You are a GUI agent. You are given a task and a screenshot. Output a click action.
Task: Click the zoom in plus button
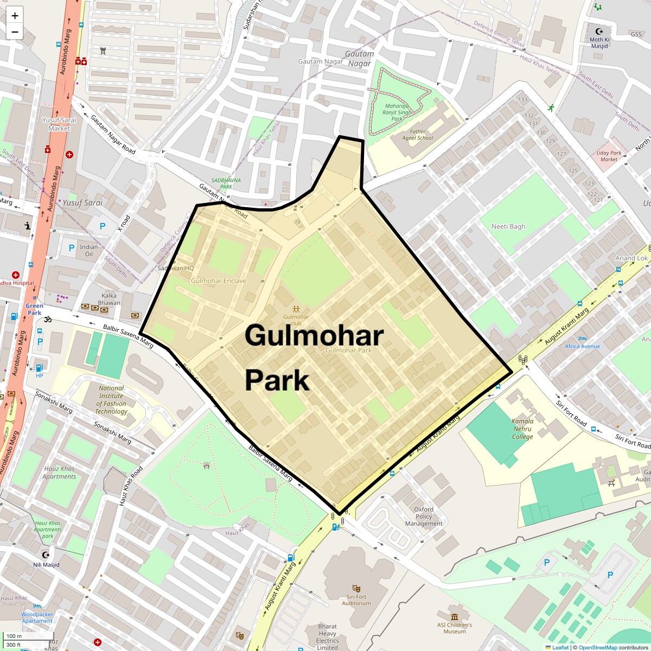15,16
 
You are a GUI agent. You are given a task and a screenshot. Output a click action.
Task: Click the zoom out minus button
15,31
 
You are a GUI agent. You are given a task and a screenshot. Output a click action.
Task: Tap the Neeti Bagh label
508,226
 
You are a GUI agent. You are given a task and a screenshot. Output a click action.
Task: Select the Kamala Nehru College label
522,429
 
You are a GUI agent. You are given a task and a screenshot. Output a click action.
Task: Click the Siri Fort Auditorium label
356,599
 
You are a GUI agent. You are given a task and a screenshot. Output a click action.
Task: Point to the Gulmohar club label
296,320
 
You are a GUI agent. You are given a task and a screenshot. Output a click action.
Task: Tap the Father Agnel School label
418,135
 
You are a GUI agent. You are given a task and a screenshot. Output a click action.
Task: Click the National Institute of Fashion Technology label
111,400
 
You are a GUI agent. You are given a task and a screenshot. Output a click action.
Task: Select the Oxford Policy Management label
424,516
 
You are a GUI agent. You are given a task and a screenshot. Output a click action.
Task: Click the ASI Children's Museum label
454,628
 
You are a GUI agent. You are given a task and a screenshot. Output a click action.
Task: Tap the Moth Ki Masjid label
599,42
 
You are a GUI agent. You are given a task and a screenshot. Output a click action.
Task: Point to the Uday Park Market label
609,156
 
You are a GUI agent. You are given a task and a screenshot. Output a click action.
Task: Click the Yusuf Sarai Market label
59,124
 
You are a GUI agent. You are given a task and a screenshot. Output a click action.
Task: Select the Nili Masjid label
46,565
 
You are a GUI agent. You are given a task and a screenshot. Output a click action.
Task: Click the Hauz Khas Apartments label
59,473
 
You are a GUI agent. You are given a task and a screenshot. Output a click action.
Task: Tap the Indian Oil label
89,250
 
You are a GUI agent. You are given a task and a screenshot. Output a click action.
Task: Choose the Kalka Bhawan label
109,299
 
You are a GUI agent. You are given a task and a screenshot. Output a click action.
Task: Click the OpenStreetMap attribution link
597,647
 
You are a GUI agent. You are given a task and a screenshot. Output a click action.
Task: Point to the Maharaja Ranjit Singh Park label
397,112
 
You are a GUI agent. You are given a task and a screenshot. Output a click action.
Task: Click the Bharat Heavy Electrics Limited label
327,637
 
